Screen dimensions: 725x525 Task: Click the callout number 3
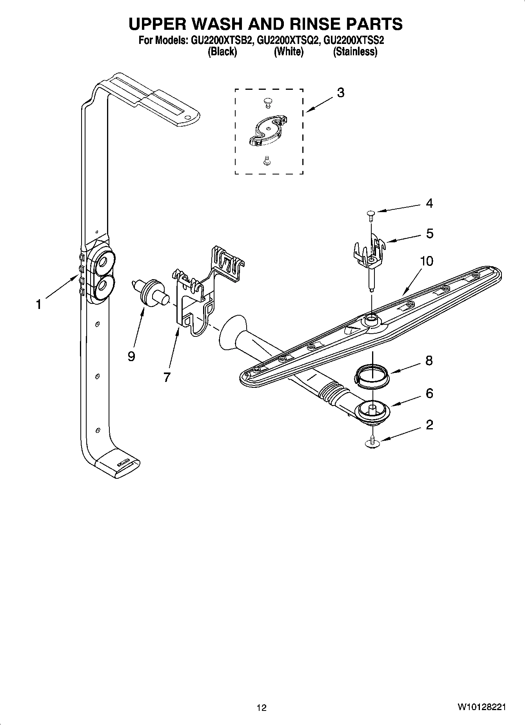coord(341,93)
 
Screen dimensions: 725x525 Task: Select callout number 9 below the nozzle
coord(131,356)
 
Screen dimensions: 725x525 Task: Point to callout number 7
coord(167,377)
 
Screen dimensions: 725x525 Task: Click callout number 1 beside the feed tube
coord(38,304)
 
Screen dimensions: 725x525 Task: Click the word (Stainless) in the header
coord(355,51)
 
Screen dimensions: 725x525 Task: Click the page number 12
coord(262,708)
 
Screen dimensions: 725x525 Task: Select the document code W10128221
coord(481,707)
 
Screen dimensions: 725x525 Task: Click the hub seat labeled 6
coord(373,412)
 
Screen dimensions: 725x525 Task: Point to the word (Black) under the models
coord(222,51)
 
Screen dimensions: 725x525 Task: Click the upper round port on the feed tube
coord(104,260)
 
